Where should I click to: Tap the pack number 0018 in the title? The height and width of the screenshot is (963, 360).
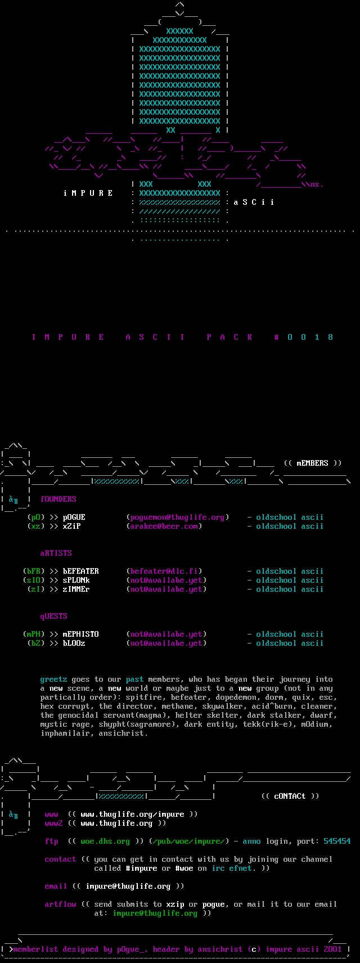[x=310, y=337]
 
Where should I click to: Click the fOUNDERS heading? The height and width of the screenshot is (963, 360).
[x=58, y=499]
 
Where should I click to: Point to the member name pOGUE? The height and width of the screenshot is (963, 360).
[x=74, y=517]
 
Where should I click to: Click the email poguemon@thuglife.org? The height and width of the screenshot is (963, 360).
[x=177, y=517]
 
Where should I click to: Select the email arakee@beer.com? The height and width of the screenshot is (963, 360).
[x=164, y=526]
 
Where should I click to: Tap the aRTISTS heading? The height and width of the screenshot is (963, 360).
[x=56, y=553]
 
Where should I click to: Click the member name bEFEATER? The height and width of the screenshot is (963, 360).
[x=80, y=571]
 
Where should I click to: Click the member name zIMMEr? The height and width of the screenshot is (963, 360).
[x=76, y=589]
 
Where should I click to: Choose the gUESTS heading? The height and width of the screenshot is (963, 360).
[x=53, y=616]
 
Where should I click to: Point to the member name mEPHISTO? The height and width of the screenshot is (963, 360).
[x=80, y=634]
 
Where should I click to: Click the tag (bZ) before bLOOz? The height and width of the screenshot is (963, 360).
[x=35, y=643]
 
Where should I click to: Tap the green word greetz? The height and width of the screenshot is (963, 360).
[x=53, y=679]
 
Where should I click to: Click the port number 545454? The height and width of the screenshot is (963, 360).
[x=337, y=841]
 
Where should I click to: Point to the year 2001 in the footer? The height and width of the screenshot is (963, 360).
[x=332, y=949]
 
